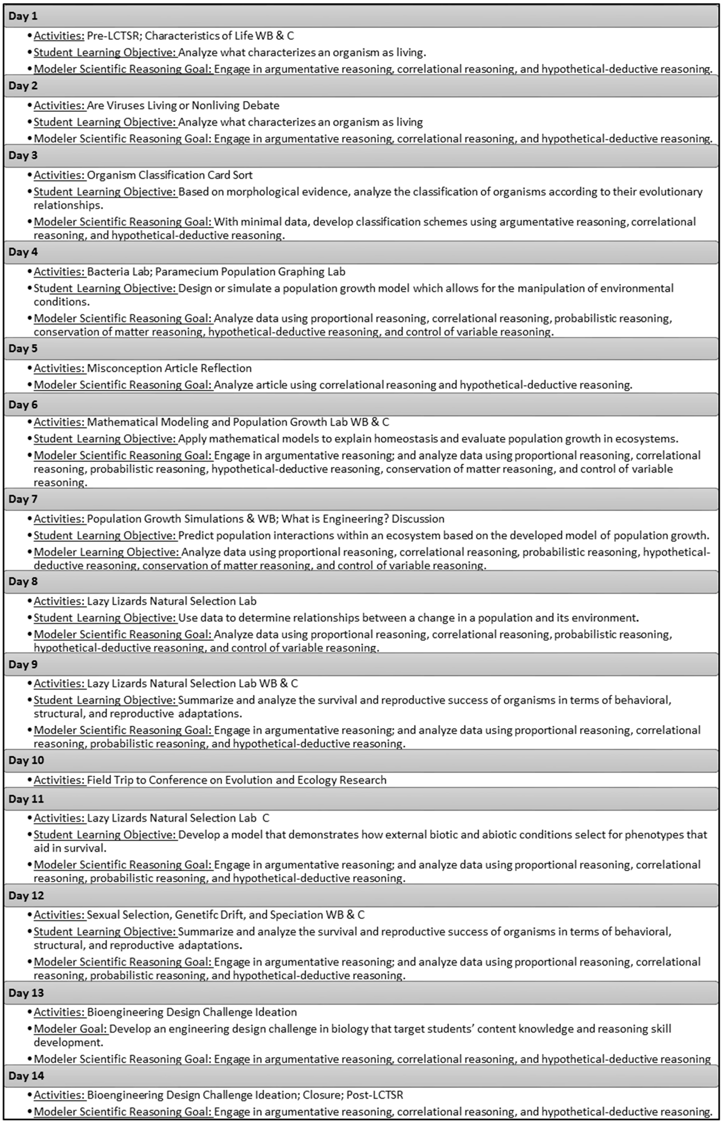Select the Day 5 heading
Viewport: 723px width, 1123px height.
[x=23, y=349]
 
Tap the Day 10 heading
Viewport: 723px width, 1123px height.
[x=26, y=760]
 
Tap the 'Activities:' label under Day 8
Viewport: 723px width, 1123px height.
[x=59, y=601]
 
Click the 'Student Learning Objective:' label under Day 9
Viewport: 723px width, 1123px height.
[x=105, y=700]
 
